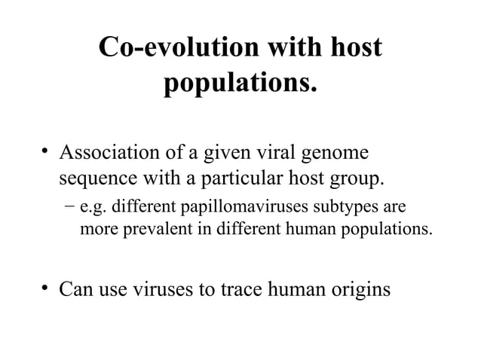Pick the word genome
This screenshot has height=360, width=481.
pyautogui.click(x=335, y=156)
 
